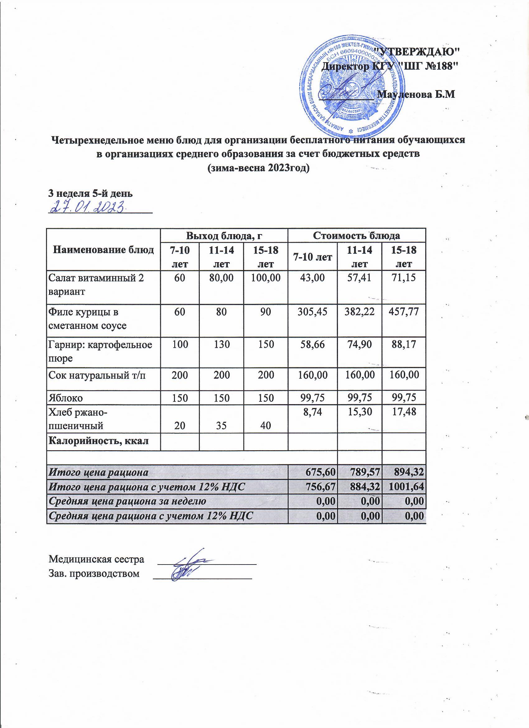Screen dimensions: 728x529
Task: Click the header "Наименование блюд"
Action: pos(103,250)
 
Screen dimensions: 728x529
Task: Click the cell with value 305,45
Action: pos(312,311)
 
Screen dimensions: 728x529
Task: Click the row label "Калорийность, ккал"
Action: pos(98,441)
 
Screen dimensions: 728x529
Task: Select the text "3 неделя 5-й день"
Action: pos(90,194)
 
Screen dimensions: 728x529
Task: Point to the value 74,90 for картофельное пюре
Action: pos(359,345)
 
